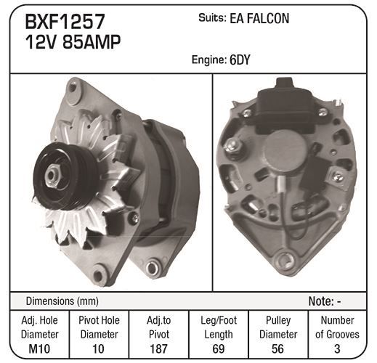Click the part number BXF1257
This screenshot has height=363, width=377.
[x=65, y=22]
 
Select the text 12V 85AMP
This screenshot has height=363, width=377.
[x=73, y=41]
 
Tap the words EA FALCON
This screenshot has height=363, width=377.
[x=259, y=18]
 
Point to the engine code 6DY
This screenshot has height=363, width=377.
[x=240, y=60]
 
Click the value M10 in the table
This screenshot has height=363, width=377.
[x=39, y=348]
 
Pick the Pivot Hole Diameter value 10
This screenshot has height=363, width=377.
[x=99, y=348]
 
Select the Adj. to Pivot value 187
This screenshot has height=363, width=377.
[x=158, y=348]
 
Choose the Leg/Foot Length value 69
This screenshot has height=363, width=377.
[x=218, y=348]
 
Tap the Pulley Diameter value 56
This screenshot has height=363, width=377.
[x=277, y=348]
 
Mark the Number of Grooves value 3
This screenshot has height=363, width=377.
[x=337, y=348]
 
